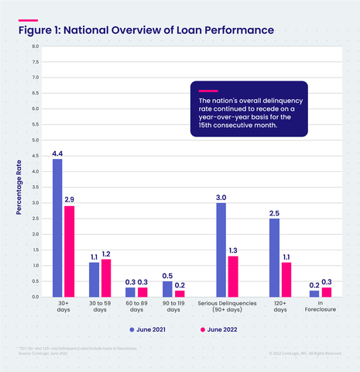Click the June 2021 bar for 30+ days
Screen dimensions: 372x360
[57, 228]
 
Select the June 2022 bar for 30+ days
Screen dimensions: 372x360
[70, 251]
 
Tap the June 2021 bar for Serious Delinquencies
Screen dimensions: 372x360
[221, 250]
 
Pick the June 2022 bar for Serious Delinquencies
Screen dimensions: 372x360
[233, 276]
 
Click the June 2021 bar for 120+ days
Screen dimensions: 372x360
[274, 257]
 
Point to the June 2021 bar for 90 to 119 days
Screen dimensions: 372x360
[166, 289]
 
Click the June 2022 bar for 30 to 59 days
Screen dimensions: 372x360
[106, 277]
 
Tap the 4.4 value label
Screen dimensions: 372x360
[57, 153]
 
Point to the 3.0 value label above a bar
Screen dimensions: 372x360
[221, 197]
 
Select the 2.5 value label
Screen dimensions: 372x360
[274, 212]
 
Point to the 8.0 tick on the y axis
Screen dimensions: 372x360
[35, 46]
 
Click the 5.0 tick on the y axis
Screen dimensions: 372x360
[35, 140]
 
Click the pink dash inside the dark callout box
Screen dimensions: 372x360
[208, 91]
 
